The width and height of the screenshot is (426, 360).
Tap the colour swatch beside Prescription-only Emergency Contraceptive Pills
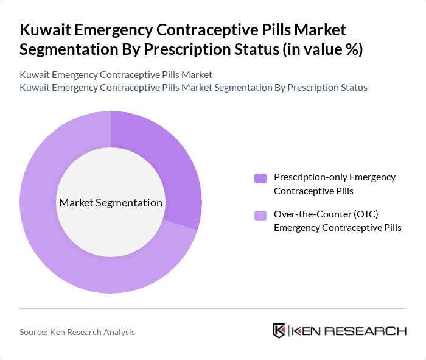(x=260, y=178)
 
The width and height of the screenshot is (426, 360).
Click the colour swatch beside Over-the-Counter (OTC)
(x=260, y=215)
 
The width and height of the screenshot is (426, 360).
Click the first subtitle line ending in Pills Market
(x=116, y=74)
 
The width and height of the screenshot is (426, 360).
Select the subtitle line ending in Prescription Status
(x=193, y=87)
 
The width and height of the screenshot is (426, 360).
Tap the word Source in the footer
(x=34, y=332)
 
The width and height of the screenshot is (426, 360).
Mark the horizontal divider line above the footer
(x=213, y=308)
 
